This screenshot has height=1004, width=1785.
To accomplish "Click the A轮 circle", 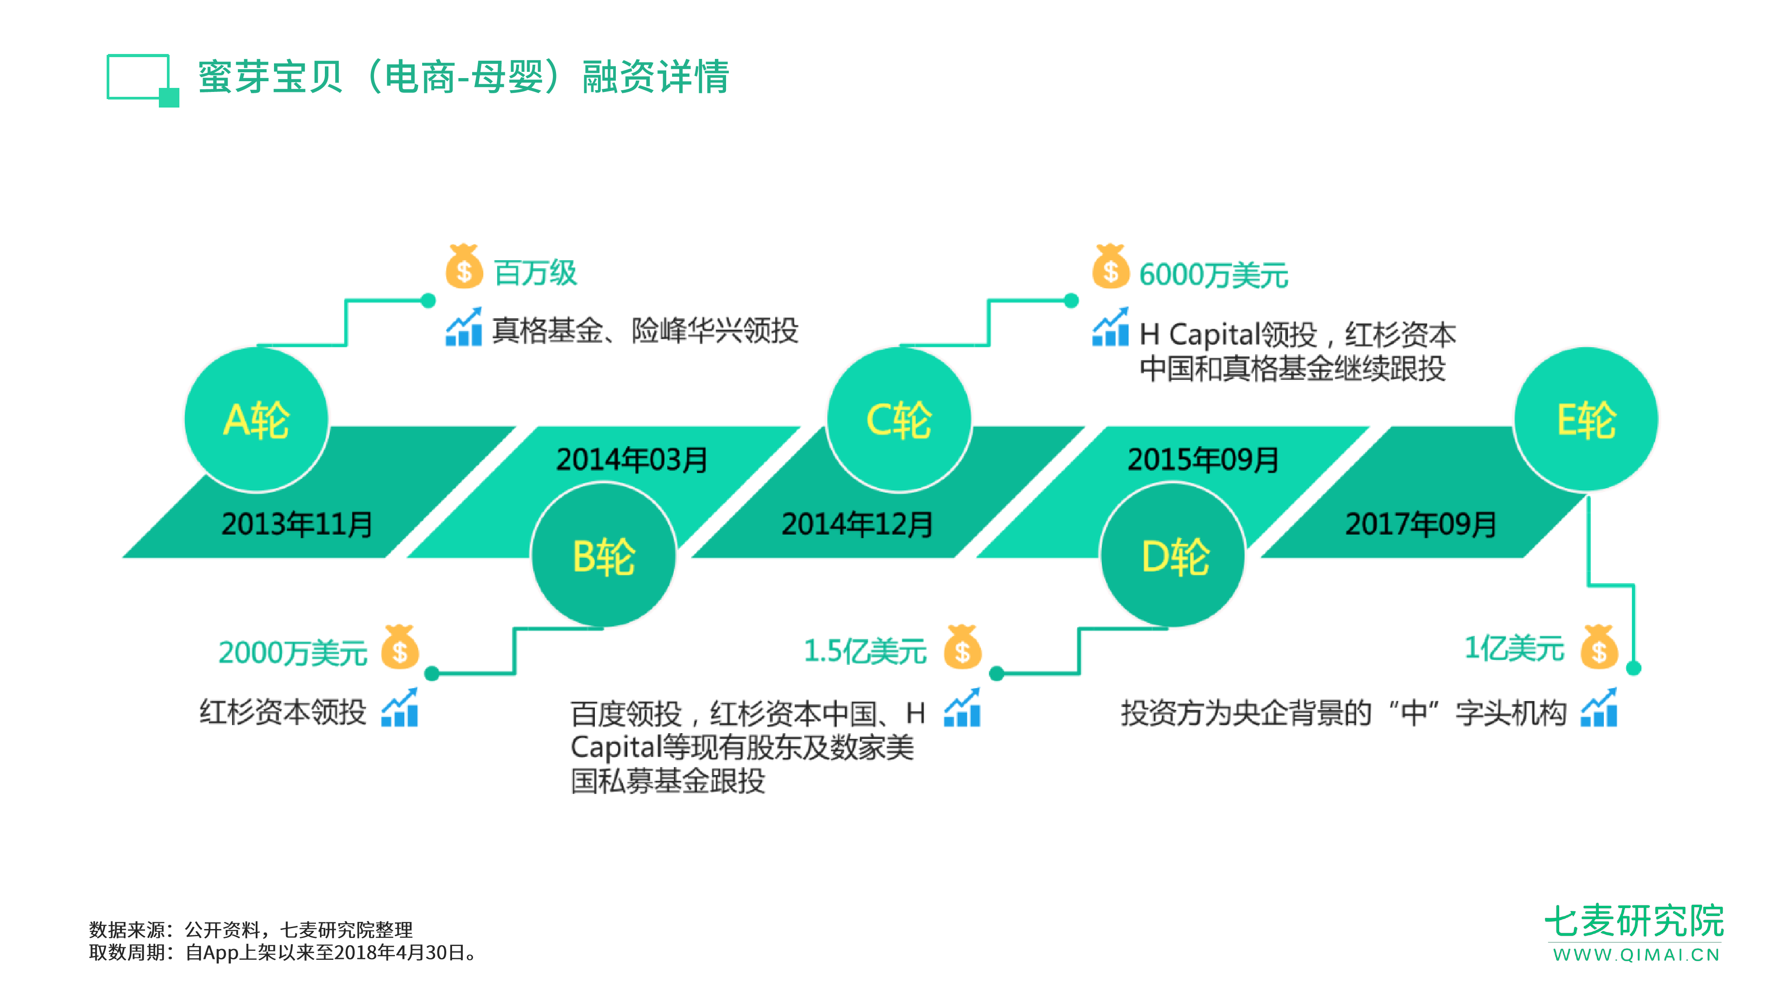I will (x=257, y=420).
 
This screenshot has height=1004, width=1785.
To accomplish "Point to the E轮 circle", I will (x=1586, y=420).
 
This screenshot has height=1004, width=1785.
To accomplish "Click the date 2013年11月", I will (x=297, y=524).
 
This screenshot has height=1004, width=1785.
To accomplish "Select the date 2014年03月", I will (x=631, y=460).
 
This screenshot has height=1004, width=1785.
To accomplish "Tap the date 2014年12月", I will (x=857, y=524).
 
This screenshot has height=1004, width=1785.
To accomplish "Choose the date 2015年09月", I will (x=1203, y=460).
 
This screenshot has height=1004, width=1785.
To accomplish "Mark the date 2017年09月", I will (x=1420, y=524).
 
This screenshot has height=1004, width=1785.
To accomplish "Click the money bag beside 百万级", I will (x=464, y=267).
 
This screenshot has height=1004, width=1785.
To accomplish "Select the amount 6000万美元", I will (x=1213, y=275).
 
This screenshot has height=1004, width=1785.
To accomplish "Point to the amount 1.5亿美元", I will (x=865, y=651).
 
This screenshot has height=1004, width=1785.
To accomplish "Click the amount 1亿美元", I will (x=1514, y=648).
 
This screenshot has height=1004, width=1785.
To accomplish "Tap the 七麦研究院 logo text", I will (x=1634, y=921).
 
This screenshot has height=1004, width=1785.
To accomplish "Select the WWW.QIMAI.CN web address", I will (x=1636, y=955).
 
